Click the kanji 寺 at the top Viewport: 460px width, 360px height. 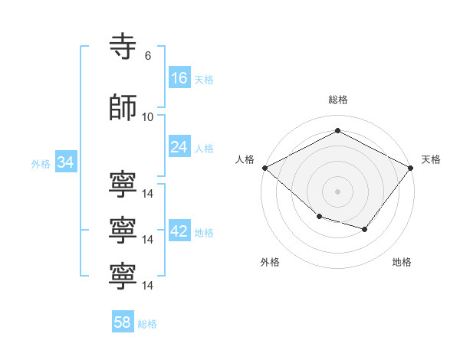coord(123,46)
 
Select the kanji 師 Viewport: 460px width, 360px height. coord(123,107)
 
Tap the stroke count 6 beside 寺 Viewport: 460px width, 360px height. coord(148,55)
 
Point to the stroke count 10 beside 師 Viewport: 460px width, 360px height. coord(147,117)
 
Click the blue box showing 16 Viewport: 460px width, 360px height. coord(179,77)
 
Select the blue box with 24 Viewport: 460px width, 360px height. coord(179,146)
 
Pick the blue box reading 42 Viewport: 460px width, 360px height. coord(179,230)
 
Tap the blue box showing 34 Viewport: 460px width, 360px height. coord(66,162)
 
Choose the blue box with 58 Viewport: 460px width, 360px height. coord(123,321)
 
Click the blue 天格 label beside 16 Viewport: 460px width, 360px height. coord(204,80)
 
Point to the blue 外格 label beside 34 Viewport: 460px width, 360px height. coord(41,164)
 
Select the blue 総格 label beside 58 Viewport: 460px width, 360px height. coord(147,324)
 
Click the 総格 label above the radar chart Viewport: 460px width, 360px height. coord(338,100)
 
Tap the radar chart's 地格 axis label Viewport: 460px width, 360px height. coord(402,262)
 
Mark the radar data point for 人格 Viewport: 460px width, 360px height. coord(265,168)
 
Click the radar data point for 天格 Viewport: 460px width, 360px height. coord(410,168)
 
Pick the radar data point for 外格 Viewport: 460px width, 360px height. coord(320,217)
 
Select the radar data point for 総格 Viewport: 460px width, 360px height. coord(337,130)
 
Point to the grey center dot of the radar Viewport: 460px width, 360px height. coord(337,191)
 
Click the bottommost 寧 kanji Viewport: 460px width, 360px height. coord(123,277)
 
